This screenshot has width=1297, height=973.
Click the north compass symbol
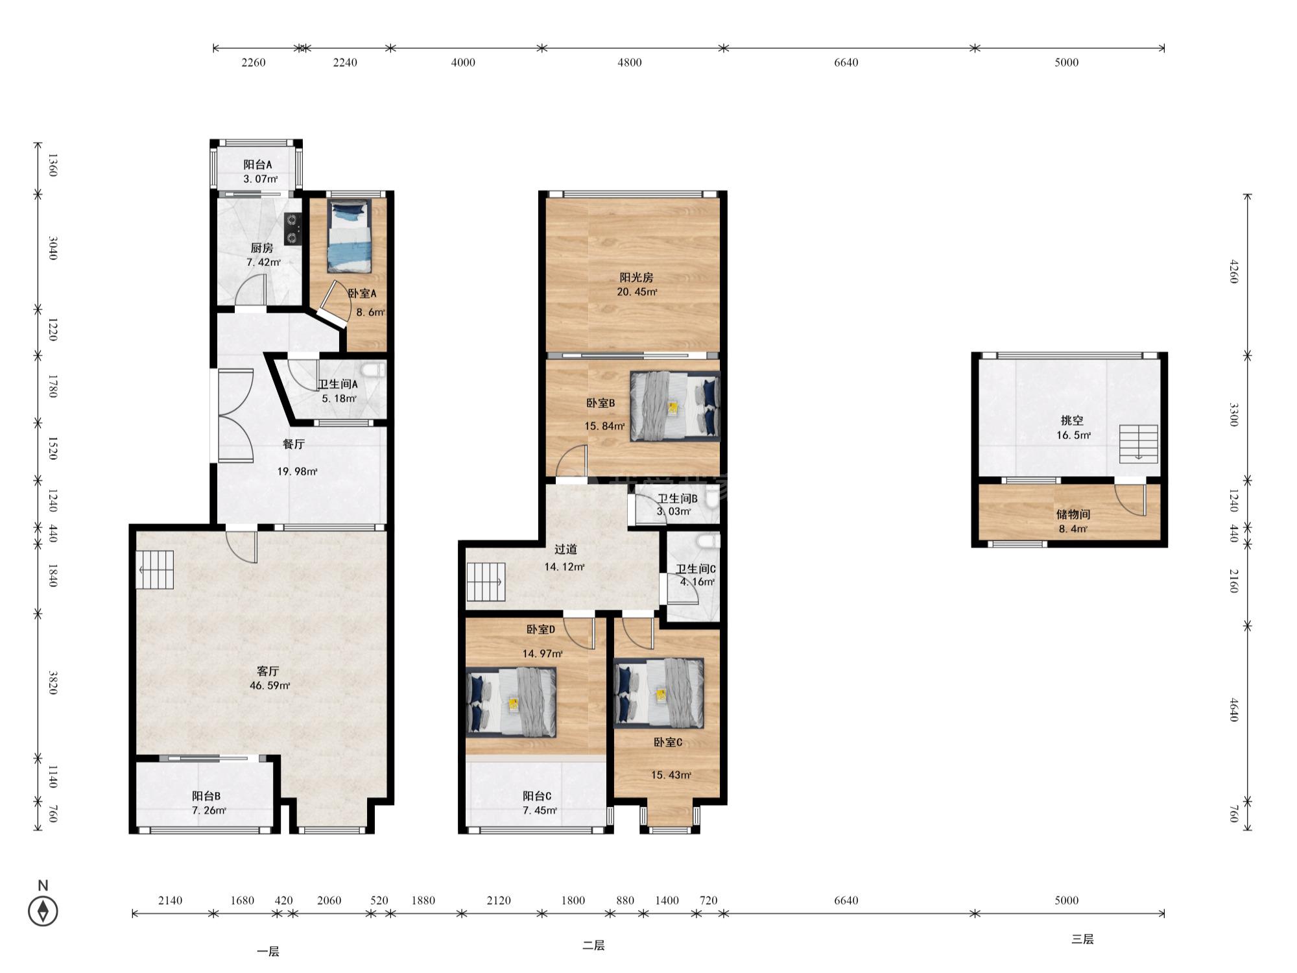pyautogui.click(x=43, y=911)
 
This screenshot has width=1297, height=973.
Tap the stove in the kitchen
pyautogui.click(x=293, y=229)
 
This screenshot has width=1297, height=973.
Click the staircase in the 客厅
pyautogui.click(x=155, y=570)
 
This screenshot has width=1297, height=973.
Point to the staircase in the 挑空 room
pyautogui.click(x=1139, y=444)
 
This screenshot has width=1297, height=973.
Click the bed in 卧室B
pyautogui.click(x=674, y=406)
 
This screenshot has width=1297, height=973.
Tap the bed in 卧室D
pyautogui.click(x=511, y=703)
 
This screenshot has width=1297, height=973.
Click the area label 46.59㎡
pyautogui.click(x=270, y=686)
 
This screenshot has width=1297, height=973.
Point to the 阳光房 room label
pyautogui.click(x=636, y=278)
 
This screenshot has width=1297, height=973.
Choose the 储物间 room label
pyautogui.click(x=1073, y=514)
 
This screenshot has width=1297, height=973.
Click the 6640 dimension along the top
pyautogui.click(x=846, y=62)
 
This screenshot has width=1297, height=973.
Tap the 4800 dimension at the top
pyautogui.click(x=629, y=62)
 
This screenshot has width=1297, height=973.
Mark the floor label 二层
pyautogui.click(x=593, y=945)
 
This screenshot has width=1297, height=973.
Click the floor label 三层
pyautogui.click(x=1082, y=939)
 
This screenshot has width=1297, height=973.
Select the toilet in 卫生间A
pyautogui.click(x=374, y=371)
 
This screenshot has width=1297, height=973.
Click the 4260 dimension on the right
pyautogui.click(x=1233, y=271)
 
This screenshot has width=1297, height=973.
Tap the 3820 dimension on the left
pyautogui.click(x=53, y=683)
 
